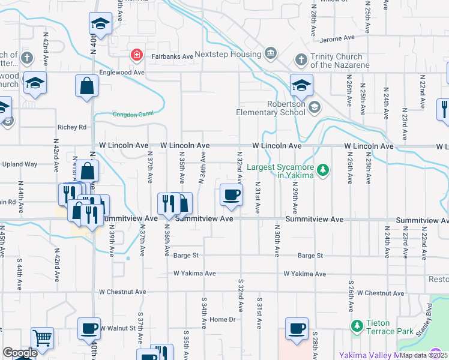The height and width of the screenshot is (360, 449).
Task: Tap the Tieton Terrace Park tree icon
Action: (357, 326)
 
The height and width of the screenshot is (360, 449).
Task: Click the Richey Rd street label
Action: (72, 127)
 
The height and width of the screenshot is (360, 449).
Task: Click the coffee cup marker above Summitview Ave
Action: (231, 195)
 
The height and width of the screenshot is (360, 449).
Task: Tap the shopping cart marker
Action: (42, 338)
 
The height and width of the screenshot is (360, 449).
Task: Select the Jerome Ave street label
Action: (338, 38)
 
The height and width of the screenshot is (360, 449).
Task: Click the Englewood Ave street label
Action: (122, 72)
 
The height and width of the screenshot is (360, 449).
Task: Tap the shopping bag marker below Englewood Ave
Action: (86, 86)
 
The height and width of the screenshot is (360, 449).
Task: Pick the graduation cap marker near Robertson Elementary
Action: (301, 86)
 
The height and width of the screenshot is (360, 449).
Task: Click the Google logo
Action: (19, 353)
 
